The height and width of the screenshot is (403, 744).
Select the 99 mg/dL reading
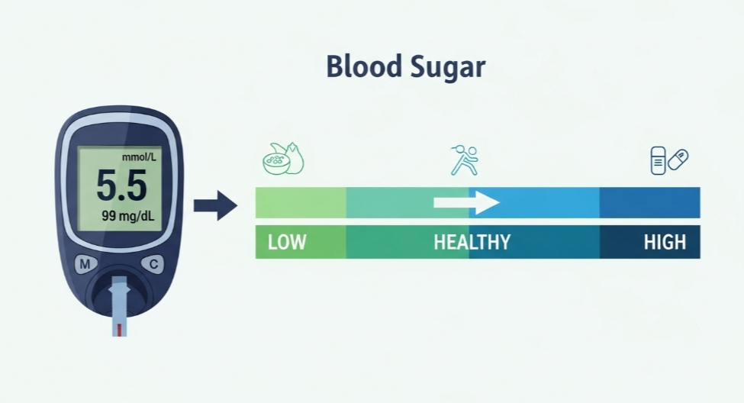[127, 216]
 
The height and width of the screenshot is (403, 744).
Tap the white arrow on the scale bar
[466, 202]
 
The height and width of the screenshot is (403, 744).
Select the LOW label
[287, 243]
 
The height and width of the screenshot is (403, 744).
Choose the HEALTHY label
[472, 243]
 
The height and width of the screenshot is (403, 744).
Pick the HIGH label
[665, 243]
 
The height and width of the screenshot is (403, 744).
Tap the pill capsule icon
[678, 160]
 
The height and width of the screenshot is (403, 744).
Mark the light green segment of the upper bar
[301, 202]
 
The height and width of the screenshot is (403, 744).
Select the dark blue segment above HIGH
[649, 202]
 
